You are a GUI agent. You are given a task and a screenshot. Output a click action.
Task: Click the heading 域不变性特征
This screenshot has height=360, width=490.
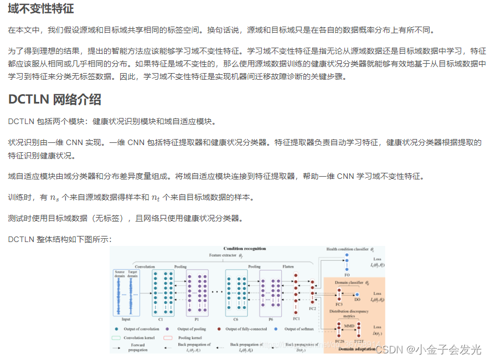tap(41, 9)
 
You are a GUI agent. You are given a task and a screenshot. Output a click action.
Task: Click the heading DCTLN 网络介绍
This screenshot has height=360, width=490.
tap(55, 100)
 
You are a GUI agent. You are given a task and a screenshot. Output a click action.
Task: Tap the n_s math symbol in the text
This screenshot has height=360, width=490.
tap(54, 198)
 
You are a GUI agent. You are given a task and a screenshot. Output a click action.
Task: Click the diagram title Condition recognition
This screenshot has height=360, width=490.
tap(244, 249)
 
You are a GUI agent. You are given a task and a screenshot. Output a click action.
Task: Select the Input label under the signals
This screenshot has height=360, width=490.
tap(126, 319)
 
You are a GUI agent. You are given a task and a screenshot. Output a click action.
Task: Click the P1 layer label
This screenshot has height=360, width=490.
tap(197, 319)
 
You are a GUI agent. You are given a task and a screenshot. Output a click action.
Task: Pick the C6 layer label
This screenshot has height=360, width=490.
tap(236, 319)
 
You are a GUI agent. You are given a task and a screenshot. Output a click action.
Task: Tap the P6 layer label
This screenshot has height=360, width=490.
tap(270, 319)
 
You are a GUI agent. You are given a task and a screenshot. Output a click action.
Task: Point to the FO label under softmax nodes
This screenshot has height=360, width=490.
tap(347, 274)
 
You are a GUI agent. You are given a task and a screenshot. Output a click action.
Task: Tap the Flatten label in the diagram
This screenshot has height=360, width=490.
tap(288, 266)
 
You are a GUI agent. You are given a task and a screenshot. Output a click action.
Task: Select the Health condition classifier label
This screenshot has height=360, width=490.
tap(347, 250)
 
